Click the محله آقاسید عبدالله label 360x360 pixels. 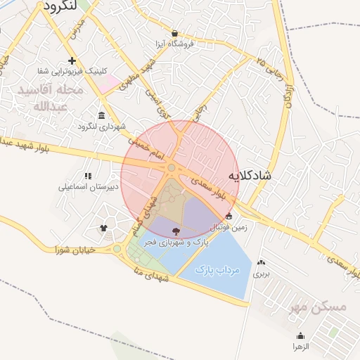pyautogui.click(x=51, y=98)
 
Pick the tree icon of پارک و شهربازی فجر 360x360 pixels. pyautogui.click(x=176, y=231)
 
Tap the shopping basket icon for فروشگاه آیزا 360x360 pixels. pyautogui.click(x=174, y=33)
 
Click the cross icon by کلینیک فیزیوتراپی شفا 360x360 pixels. pyautogui.click(x=72, y=60)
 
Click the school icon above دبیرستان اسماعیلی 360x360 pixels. pyautogui.click(x=88, y=176)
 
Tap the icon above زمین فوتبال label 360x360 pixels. pyautogui.click(x=229, y=217)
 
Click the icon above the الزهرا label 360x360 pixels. pyautogui.click(x=301, y=336)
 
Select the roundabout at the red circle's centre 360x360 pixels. pyautogui.click(x=172, y=167)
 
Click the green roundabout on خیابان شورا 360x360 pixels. pyautogui.click(x=117, y=249)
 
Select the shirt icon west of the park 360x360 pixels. pyautogui.click(x=104, y=228)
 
